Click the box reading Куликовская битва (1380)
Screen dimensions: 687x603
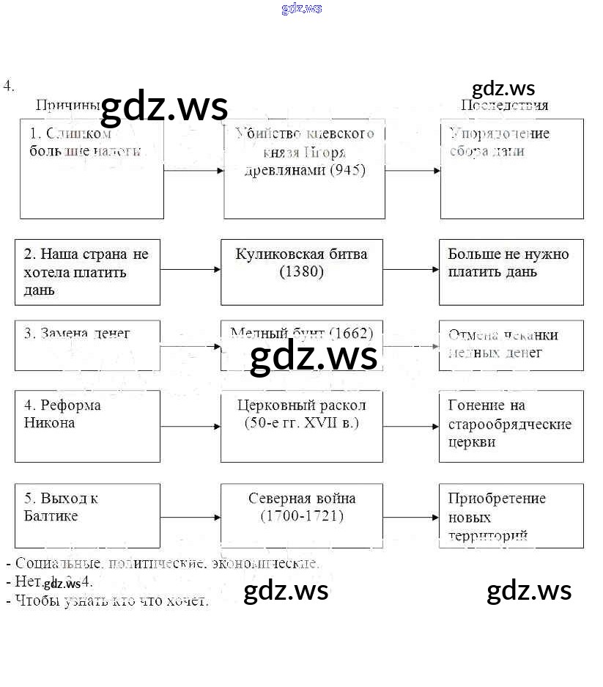(301, 272)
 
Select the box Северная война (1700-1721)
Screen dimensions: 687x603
(301, 515)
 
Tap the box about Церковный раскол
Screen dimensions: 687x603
(301, 426)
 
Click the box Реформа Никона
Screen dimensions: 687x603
(87, 426)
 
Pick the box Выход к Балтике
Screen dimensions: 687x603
(87, 515)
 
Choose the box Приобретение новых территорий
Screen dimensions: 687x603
(511, 515)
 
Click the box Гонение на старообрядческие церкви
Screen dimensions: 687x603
(511, 426)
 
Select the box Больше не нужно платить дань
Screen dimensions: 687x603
(511, 272)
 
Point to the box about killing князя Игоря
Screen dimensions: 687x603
(304, 169)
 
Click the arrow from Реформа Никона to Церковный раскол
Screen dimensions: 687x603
(190, 426)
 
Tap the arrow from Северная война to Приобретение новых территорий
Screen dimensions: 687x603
(410, 517)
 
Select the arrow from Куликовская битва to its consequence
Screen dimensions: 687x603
(410, 270)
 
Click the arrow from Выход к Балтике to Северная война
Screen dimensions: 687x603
(190, 517)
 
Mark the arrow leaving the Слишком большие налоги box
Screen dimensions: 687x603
(193, 171)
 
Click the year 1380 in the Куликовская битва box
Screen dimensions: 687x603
(301, 272)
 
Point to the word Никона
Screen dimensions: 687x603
(49, 423)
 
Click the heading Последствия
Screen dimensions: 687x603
(504, 105)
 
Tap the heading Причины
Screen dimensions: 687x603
(67, 105)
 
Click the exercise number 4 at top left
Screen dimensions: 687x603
(8, 86)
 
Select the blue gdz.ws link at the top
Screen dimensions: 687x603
(301, 9)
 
